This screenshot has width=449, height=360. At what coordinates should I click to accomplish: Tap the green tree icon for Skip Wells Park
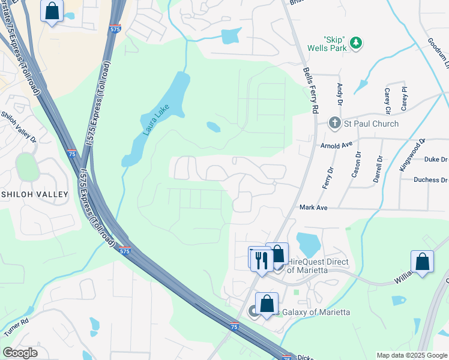pos(356,42)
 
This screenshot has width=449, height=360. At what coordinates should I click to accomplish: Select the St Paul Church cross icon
pos(335,124)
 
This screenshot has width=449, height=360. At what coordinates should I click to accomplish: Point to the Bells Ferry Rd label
pos(310,91)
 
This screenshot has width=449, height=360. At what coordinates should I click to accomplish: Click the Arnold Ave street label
pos(336,145)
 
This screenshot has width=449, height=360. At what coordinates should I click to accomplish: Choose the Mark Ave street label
pos(313,207)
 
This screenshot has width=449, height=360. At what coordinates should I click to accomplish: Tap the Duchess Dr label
pos(431,179)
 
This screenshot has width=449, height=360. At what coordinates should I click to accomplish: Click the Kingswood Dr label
pos(412,155)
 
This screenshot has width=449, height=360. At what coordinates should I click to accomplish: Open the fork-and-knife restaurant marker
pos(261,260)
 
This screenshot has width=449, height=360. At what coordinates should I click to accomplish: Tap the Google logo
pos(20,353)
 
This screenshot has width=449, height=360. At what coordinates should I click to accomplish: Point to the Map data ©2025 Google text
pos(411,355)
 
